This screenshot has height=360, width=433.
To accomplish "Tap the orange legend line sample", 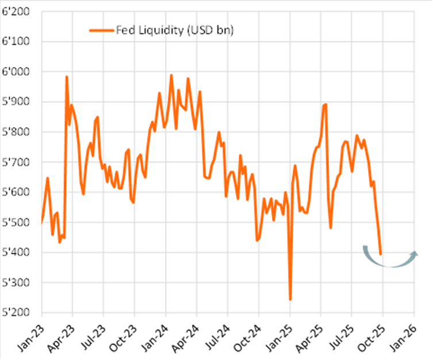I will [x=101, y=30].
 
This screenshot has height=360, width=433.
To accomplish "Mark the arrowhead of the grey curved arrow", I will [x=415, y=254].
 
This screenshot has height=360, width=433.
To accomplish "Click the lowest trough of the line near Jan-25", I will [x=290, y=300].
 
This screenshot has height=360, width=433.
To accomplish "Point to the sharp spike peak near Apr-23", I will [x=67, y=76].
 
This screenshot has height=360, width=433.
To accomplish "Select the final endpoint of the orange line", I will [x=381, y=254].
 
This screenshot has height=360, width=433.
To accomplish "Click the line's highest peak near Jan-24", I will [x=171, y=75].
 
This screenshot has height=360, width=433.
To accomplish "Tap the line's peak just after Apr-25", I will [x=325, y=104].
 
